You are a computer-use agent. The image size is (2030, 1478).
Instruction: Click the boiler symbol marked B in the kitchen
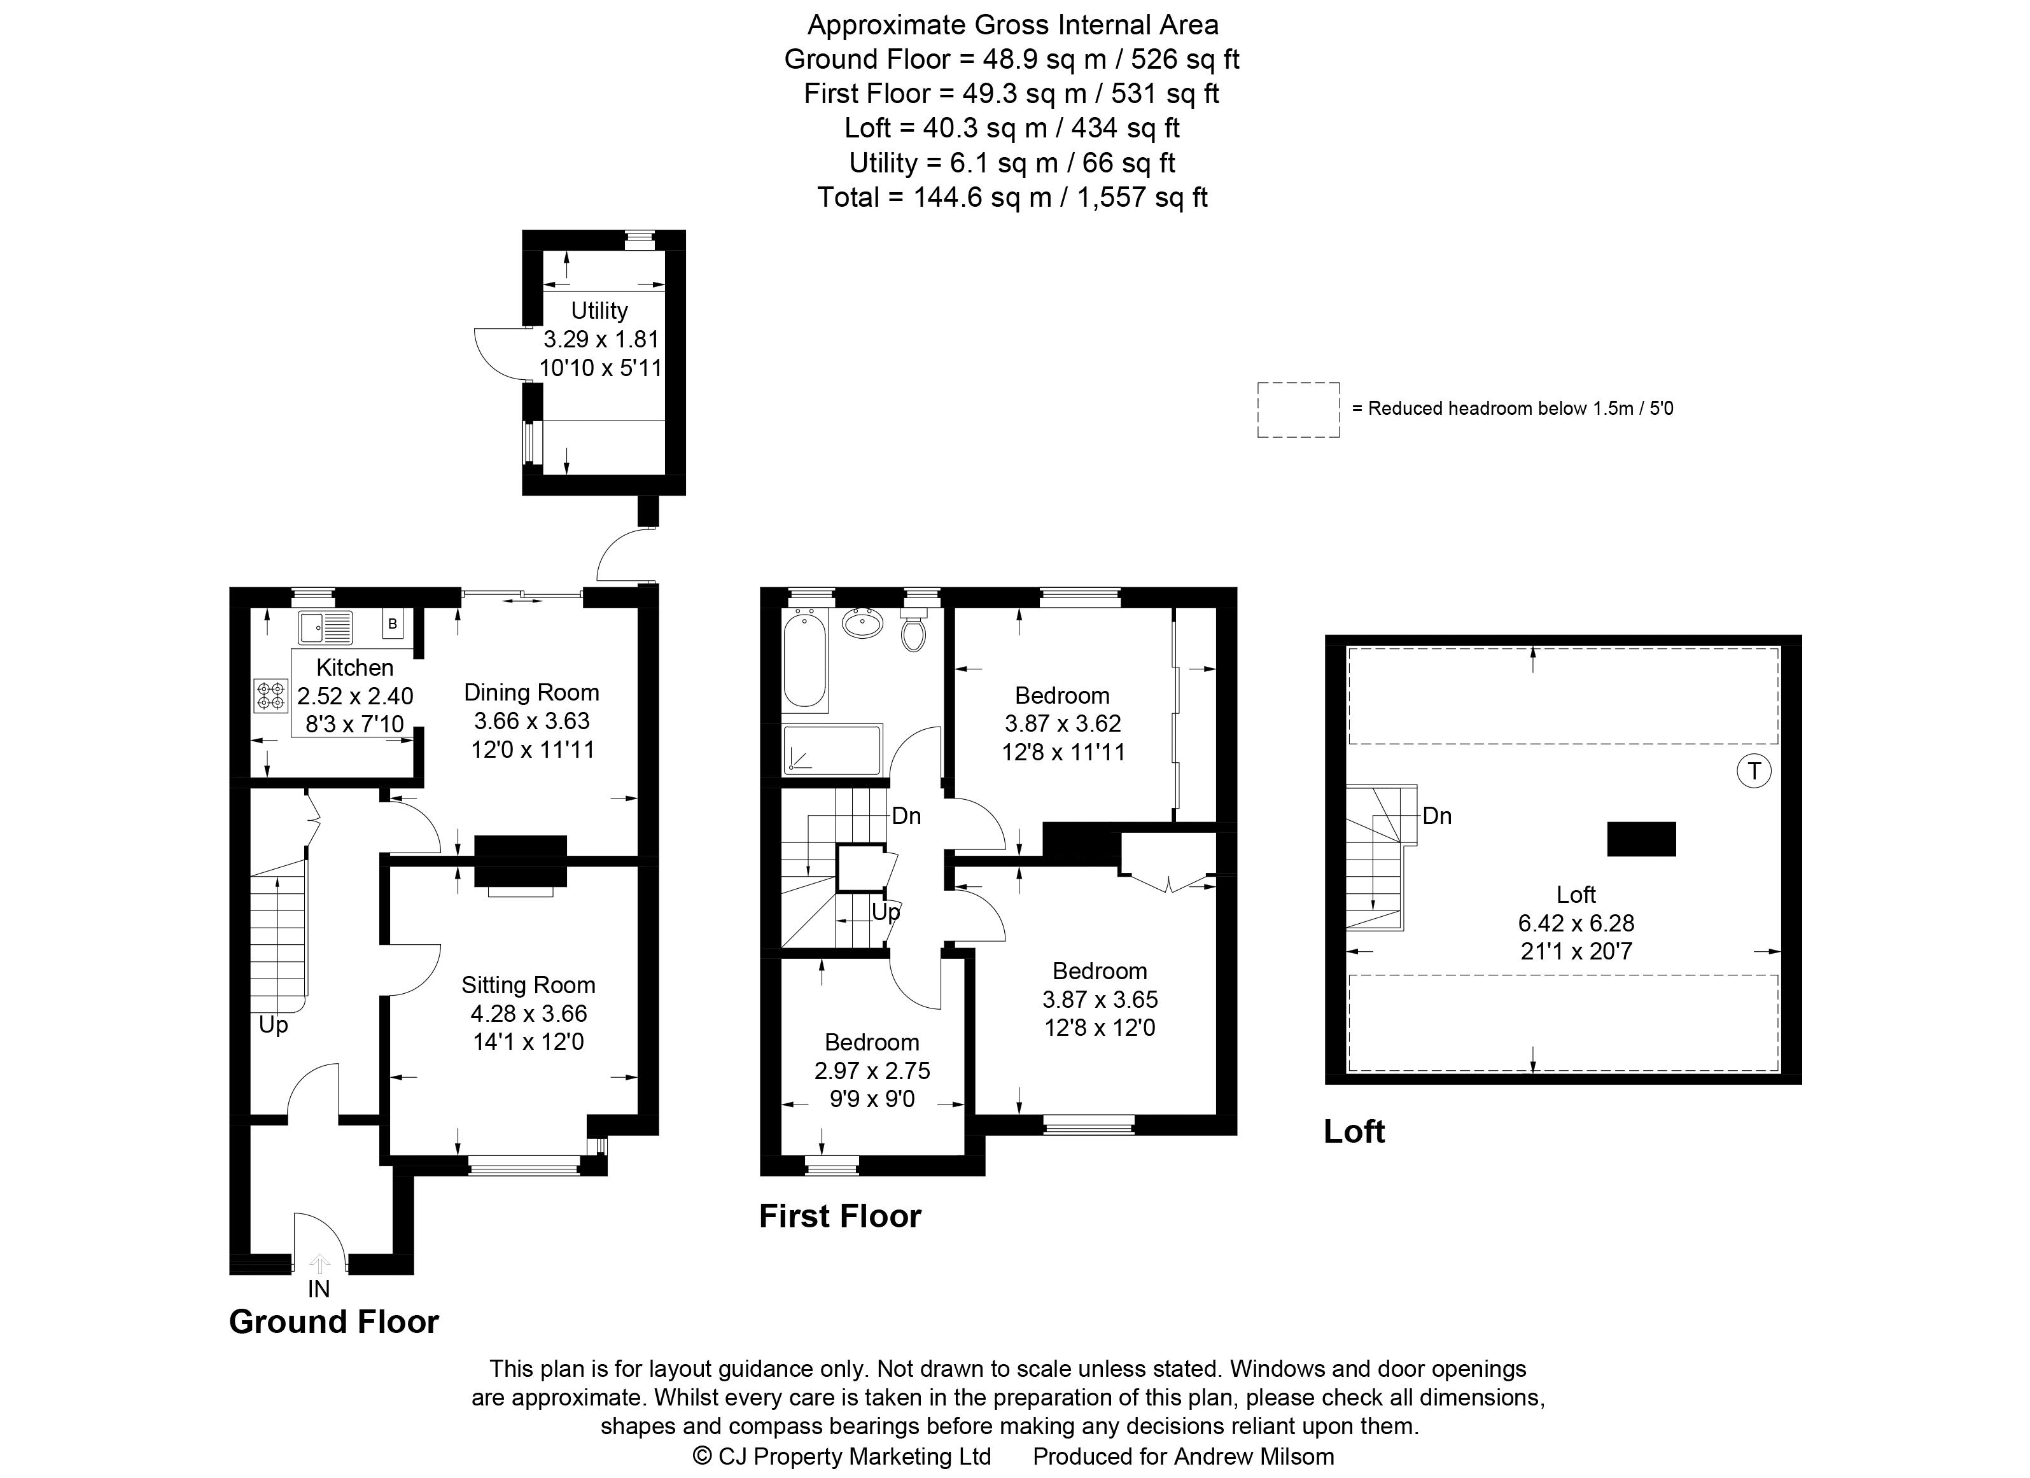(x=392, y=624)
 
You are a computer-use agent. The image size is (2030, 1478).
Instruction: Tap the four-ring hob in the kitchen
(x=271, y=696)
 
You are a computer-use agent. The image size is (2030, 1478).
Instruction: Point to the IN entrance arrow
(x=319, y=1264)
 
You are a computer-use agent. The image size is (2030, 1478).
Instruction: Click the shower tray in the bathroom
(x=832, y=749)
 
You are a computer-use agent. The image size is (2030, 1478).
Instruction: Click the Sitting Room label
(x=528, y=985)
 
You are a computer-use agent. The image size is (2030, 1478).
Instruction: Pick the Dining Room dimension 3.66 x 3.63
(x=531, y=721)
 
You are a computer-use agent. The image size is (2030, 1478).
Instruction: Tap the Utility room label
(x=599, y=310)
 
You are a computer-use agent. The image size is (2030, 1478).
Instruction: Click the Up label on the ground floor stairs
(x=273, y=1024)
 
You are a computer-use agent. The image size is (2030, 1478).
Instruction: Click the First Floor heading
(x=839, y=1217)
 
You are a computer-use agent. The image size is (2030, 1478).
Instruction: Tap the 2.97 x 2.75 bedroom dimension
(x=872, y=1070)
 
